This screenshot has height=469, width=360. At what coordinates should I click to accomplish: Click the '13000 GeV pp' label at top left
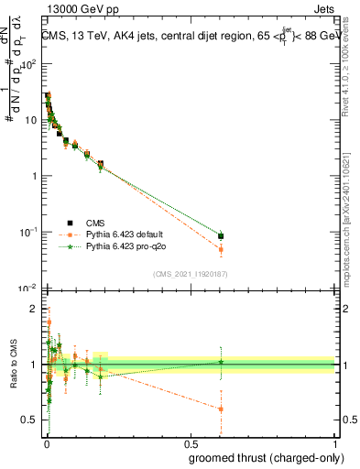click(78, 11)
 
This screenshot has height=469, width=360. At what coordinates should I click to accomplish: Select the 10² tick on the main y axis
click(30, 65)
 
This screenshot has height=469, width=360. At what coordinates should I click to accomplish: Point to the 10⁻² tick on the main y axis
click(29, 289)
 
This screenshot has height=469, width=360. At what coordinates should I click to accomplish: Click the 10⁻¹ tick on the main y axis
click(29, 233)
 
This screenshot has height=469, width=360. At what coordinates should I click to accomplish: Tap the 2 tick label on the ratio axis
click(36, 309)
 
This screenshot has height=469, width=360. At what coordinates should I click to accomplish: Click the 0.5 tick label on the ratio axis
click(30, 420)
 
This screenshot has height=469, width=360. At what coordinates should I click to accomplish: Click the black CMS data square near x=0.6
click(221, 236)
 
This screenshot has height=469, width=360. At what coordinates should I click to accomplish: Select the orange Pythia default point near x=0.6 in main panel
click(221, 249)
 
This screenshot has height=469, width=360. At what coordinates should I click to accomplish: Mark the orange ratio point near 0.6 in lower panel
click(221, 409)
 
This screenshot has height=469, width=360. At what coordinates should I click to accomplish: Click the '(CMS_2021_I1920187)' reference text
click(190, 273)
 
